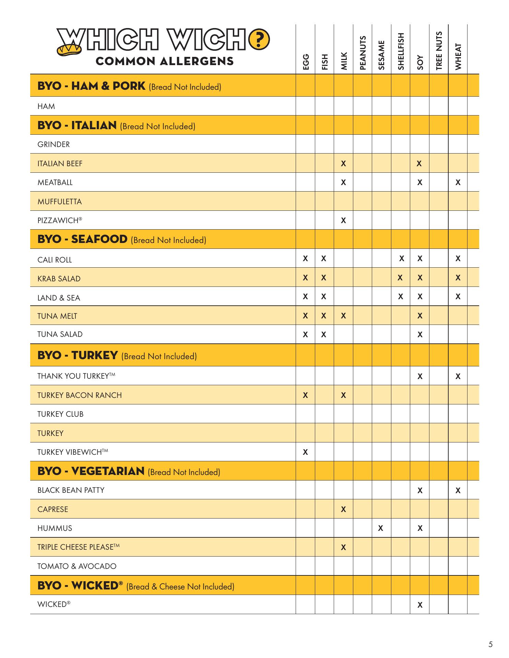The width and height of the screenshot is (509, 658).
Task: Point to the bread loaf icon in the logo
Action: coord(70,49)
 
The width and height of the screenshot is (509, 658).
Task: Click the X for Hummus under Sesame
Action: coord(380,528)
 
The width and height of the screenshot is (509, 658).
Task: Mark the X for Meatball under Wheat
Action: coord(458,183)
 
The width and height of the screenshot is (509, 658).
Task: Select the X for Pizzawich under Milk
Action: coord(343,221)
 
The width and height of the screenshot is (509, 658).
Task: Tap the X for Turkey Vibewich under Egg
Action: coord(305,452)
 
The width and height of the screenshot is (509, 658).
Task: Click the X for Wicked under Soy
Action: coord(420,605)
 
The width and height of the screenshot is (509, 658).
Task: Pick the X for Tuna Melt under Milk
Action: coord(343,316)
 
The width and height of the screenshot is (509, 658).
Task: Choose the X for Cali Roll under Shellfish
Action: coord(401,259)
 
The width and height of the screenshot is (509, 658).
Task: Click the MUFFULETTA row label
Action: coord(60,202)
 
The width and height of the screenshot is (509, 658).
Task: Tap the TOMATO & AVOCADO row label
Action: coord(77,566)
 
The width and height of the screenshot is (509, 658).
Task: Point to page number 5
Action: coord(490,644)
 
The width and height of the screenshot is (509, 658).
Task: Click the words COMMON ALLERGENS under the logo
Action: coord(165,61)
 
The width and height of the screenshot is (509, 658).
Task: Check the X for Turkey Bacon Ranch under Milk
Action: coord(343,395)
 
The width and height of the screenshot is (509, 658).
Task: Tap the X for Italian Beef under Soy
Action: coord(419,164)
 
